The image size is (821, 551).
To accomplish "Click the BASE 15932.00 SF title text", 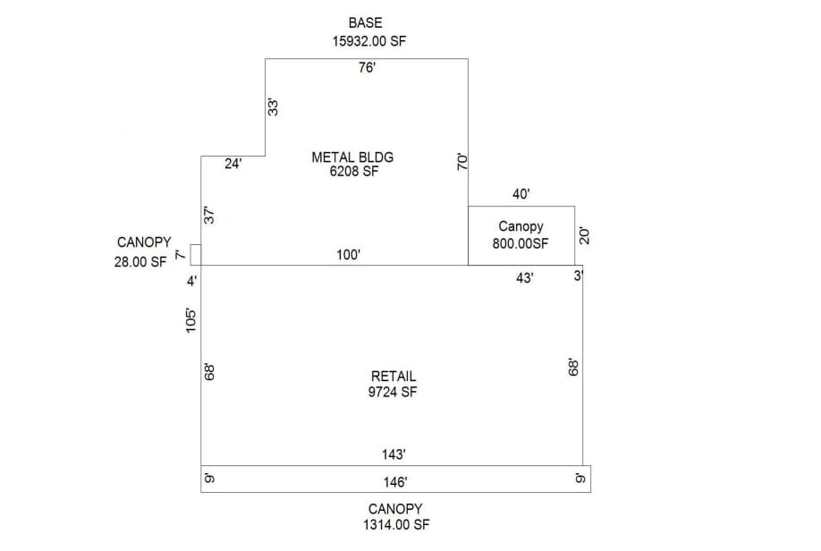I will pyautogui.click(x=366, y=31).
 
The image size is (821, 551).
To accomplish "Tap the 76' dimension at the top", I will pyautogui.click(x=366, y=69).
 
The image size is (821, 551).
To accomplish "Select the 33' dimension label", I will pyautogui.click(x=275, y=106).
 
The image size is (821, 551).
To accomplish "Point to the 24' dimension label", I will pyautogui.click(x=233, y=165).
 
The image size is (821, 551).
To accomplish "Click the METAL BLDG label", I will pyautogui.click(x=352, y=157).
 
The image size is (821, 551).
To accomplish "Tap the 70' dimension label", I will pyautogui.click(x=462, y=162).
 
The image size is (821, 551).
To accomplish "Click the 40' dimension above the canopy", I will pyautogui.click(x=522, y=193).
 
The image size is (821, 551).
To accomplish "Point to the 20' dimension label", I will pyautogui.click(x=586, y=235).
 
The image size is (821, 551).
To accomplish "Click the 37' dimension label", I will pyautogui.click(x=210, y=215).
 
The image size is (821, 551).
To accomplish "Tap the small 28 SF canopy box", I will pyautogui.click(x=196, y=254).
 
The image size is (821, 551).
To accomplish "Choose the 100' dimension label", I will pyautogui.click(x=347, y=255).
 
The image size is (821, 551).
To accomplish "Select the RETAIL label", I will pyautogui.click(x=394, y=377).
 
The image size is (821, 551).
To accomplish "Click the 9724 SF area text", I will pyautogui.click(x=394, y=392).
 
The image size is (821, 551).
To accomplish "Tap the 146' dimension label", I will pyautogui.click(x=395, y=482).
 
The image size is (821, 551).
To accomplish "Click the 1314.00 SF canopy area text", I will pyautogui.click(x=394, y=525).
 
